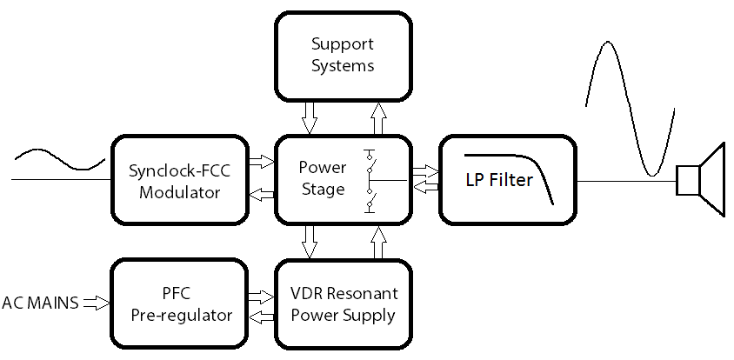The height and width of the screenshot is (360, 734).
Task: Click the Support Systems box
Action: (x=343, y=55)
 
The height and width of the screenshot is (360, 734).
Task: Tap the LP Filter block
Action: (x=508, y=180)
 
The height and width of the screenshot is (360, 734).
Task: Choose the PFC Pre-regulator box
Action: (x=181, y=303)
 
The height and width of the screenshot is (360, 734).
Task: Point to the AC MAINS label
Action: (x=40, y=303)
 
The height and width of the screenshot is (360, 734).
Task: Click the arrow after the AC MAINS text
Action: (x=95, y=303)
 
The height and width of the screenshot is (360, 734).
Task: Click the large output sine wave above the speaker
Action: (x=631, y=104)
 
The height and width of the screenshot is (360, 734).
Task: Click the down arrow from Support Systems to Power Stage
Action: (x=310, y=117)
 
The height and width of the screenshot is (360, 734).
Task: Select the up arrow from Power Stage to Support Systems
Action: (x=377, y=117)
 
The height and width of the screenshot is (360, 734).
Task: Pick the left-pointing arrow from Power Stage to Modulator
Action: (x=261, y=195)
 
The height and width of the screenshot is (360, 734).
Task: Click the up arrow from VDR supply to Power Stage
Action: (x=377, y=242)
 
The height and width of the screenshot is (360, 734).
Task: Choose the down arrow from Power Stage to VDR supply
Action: (x=310, y=242)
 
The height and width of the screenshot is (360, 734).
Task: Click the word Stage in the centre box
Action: (x=322, y=189)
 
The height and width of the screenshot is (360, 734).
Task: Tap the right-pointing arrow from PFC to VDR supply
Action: (x=261, y=295)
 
